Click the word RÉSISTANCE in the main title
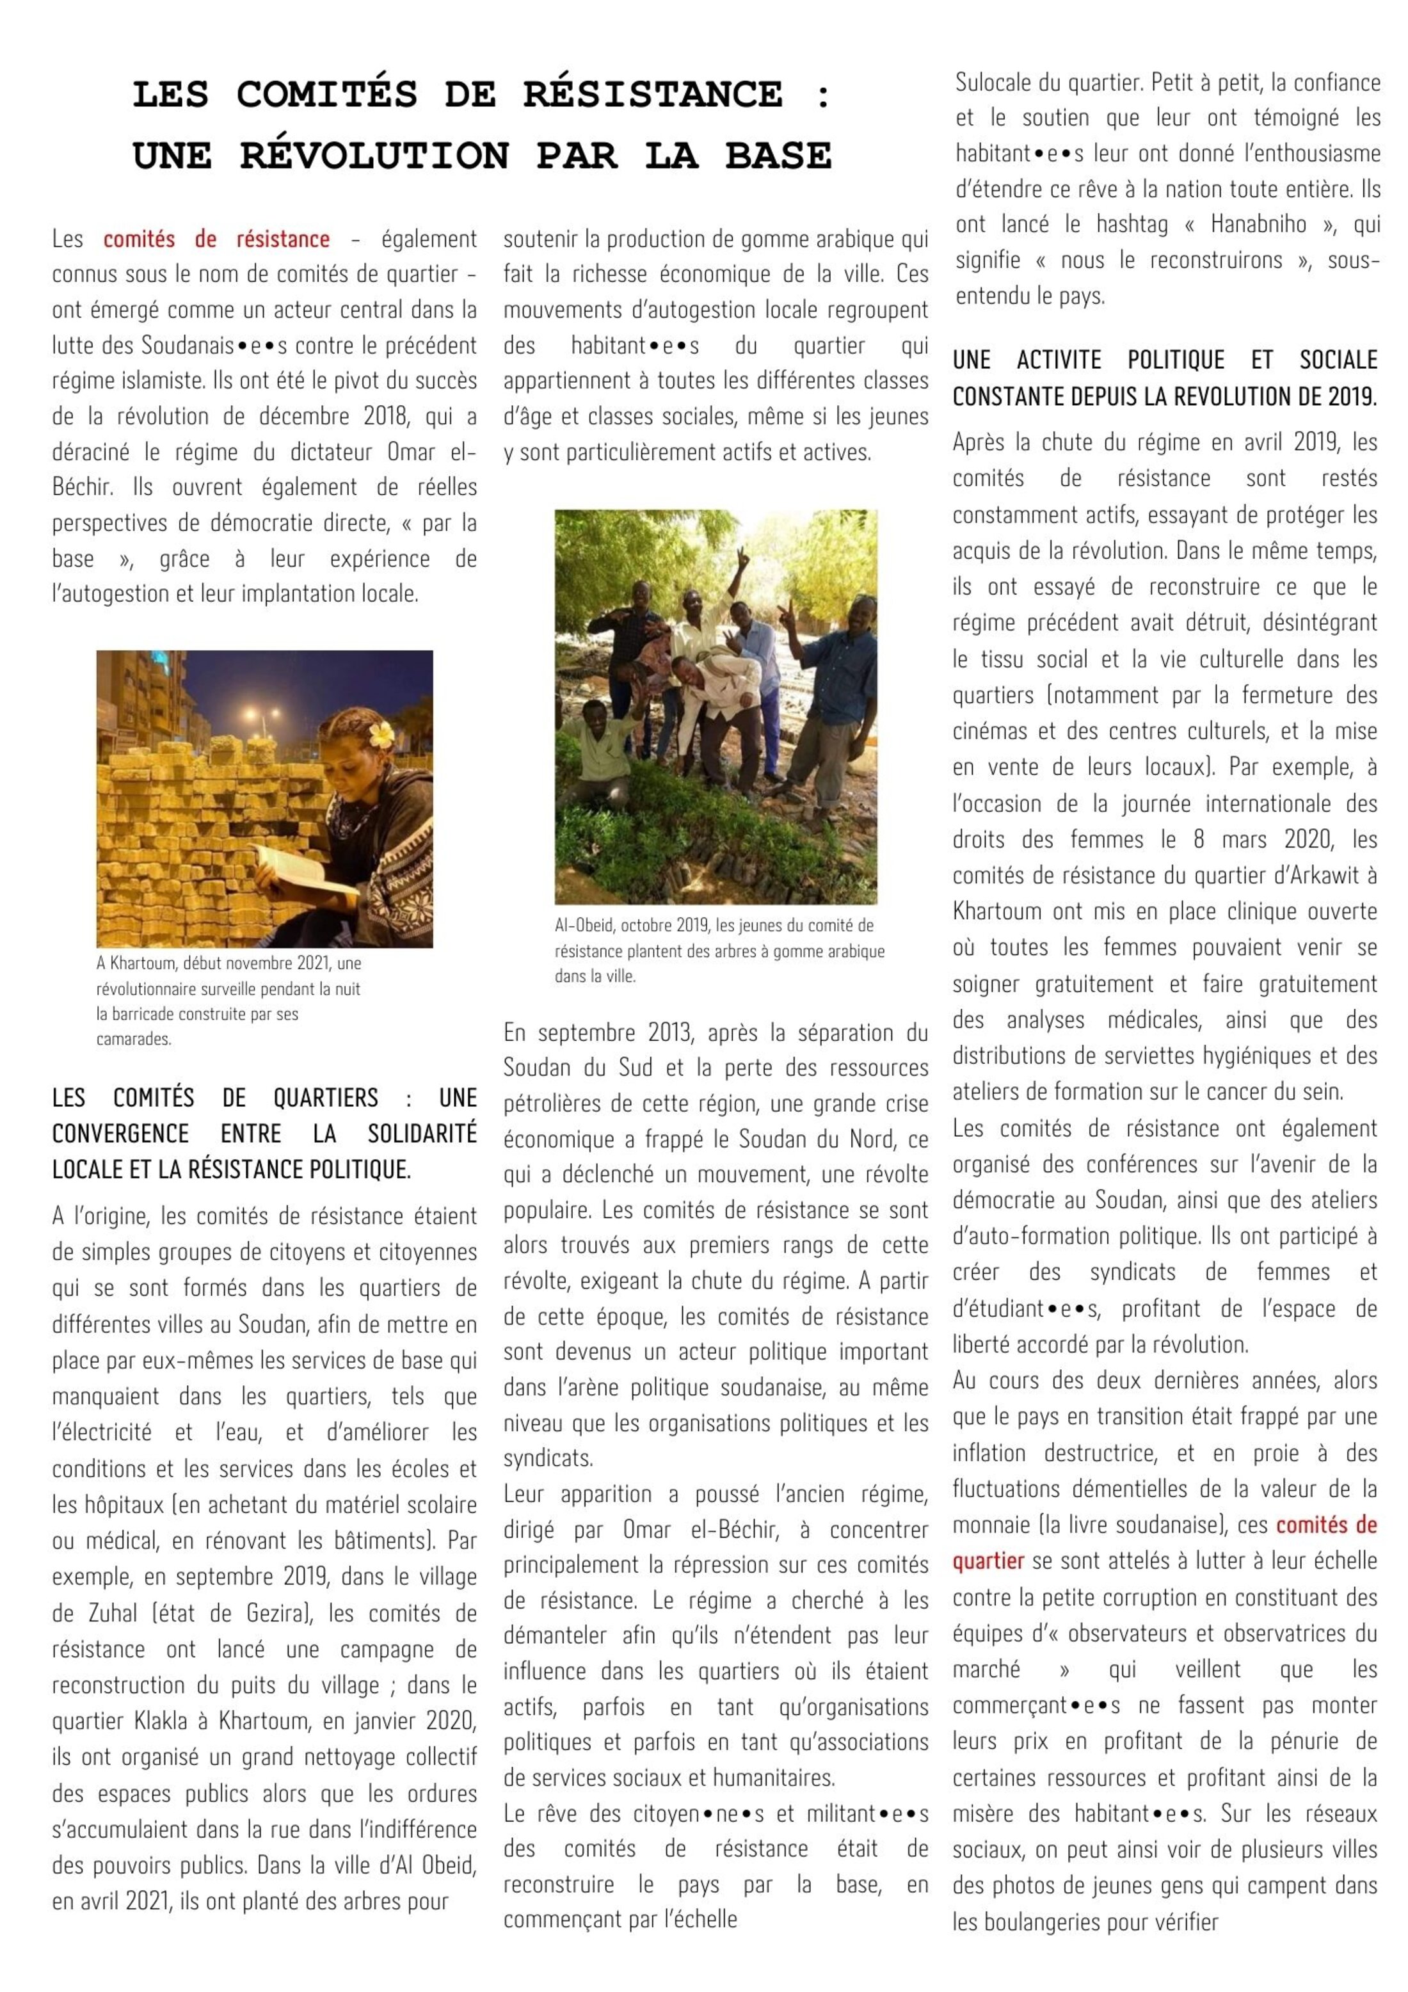[652, 95]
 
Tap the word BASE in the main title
[778, 156]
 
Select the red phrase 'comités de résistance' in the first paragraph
[216, 239]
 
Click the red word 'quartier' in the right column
[988, 1561]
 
